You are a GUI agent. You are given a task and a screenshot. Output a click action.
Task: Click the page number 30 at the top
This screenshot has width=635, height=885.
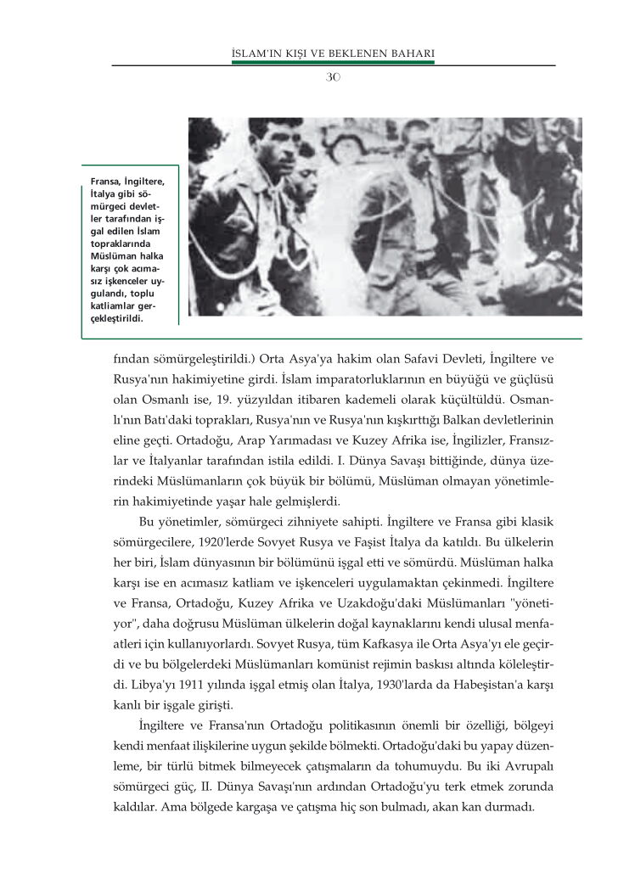click(x=333, y=77)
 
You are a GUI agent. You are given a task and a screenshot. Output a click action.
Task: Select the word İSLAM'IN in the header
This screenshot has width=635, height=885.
click(x=256, y=56)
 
